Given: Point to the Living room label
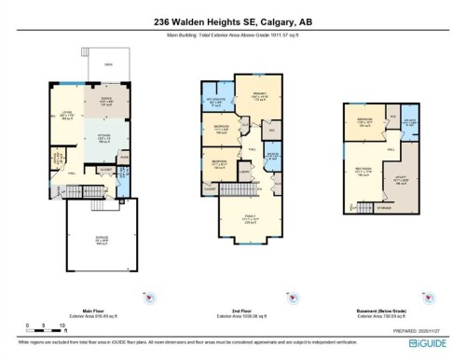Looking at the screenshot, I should click(66, 116).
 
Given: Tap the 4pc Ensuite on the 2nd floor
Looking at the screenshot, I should click(216, 103).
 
